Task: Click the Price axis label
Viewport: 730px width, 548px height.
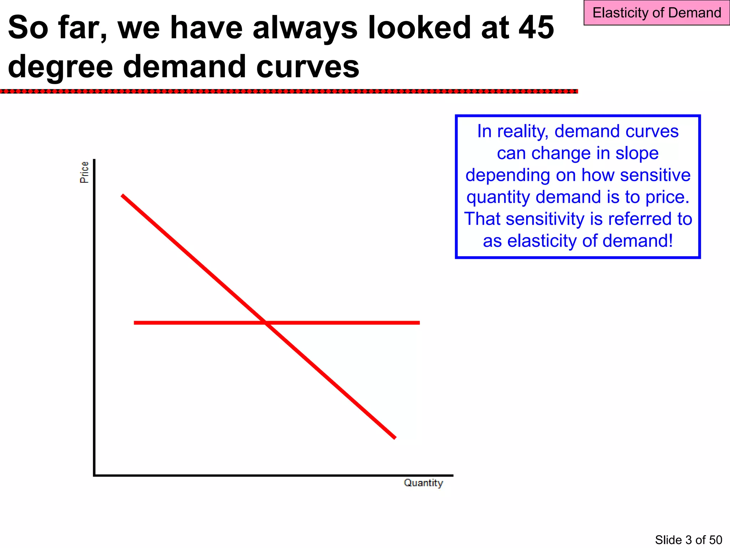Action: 84,172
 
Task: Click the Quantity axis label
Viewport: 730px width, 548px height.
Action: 423,483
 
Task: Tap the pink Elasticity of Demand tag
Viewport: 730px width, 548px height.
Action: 657,13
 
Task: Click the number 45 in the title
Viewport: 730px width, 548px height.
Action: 536,27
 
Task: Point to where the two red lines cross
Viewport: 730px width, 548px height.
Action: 266,323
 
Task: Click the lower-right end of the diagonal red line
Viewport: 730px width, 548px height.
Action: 395,438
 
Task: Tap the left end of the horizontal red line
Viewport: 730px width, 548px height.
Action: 135,323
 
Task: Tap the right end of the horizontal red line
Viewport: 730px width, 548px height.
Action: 419,323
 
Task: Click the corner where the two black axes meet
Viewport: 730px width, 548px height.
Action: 94,475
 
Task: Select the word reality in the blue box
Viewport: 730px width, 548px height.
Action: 522,131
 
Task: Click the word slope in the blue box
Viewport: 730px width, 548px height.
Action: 637,153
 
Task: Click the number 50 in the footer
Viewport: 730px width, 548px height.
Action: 715,540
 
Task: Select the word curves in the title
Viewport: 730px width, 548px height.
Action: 308,67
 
